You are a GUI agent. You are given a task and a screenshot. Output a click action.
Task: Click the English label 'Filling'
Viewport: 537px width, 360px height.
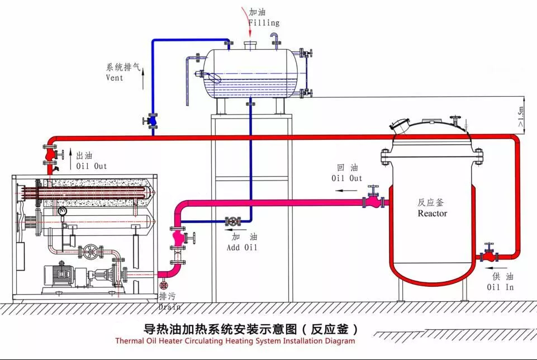[x=264, y=23]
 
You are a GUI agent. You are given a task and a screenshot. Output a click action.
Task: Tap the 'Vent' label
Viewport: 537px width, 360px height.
[x=115, y=78]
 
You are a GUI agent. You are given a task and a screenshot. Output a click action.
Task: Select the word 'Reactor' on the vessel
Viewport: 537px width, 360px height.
[x=432, y=214]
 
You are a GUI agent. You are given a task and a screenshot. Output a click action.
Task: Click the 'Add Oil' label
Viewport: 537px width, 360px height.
[x=242, y=247]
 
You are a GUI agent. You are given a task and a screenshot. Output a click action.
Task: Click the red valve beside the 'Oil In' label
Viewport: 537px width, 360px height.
[x=490, y=255]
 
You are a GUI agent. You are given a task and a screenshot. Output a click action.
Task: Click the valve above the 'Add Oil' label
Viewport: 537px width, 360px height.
[x=232, y=222]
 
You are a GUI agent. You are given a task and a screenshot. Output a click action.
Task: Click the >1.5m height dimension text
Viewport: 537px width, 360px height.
[x=521, y=117]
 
